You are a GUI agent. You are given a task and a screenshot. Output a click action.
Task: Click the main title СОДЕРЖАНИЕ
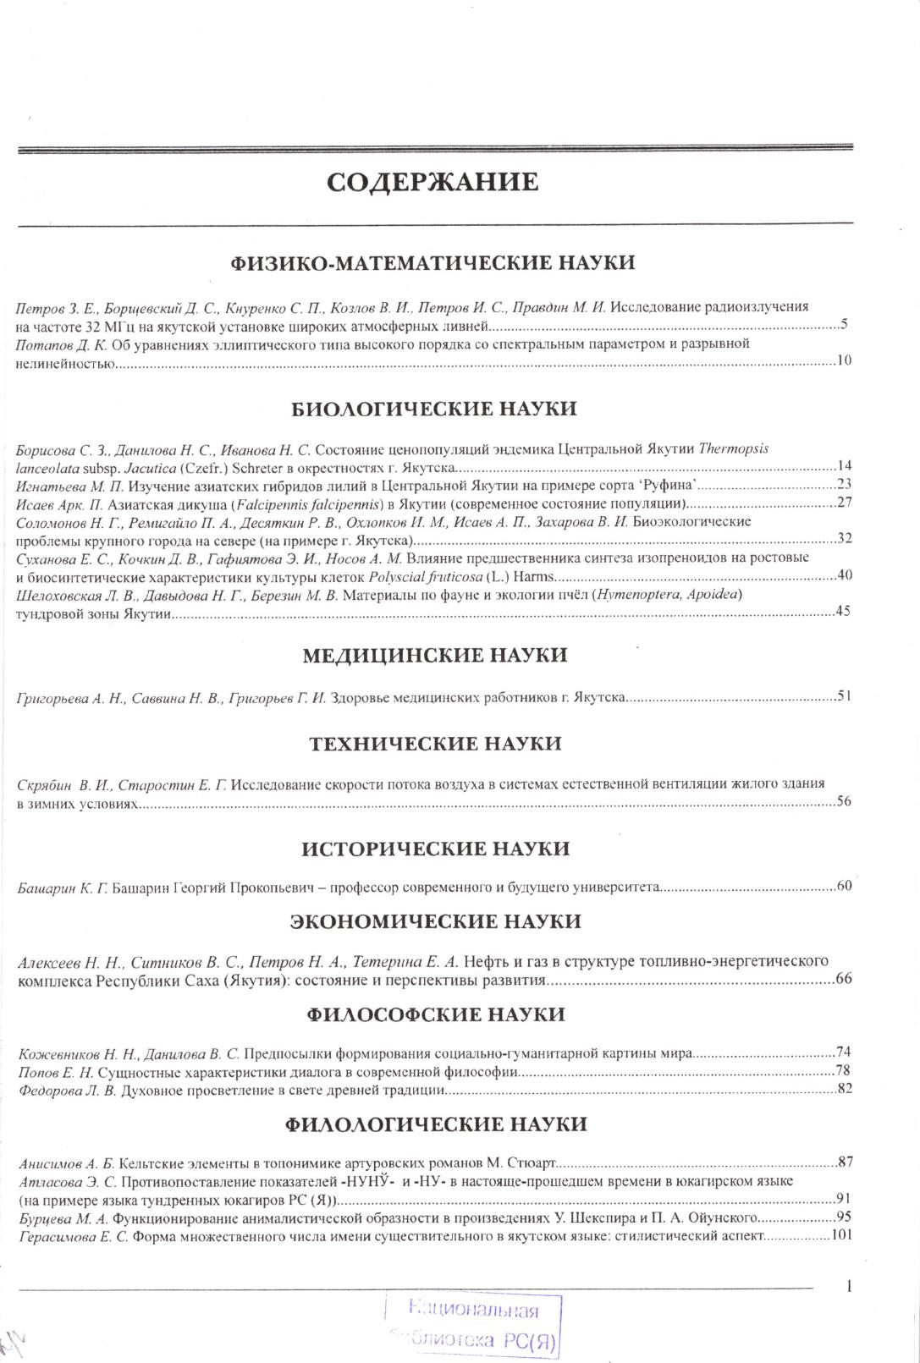click(x=432, y=182)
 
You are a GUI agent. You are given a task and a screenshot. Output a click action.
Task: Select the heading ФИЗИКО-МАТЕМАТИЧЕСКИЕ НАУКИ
click(x=432, y=262)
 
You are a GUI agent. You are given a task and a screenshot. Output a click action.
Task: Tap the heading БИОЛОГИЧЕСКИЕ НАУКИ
click(x=434, y=409)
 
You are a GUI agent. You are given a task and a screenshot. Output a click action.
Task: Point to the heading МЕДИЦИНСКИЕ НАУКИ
click(x=434, y=655)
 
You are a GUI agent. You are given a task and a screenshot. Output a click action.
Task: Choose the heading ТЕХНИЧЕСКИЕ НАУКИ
click(x=435, y=744)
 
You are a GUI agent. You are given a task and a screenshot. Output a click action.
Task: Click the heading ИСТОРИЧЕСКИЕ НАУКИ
click(x=435, y=849)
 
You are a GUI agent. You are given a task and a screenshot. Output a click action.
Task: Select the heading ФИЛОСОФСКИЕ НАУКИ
click(x=435, y=1014)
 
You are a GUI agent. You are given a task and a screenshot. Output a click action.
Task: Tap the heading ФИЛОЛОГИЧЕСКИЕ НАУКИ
click(x=435, y=1124)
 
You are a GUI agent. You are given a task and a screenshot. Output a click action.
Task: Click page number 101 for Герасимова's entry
click(x=840, y=1235)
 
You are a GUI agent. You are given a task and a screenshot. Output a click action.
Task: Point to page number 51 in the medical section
click(x=843, y=697)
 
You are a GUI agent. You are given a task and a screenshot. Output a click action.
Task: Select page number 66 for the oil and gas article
click(x=843, y=980)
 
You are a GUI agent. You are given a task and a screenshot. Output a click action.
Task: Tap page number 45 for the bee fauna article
click(x=843, y=612)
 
